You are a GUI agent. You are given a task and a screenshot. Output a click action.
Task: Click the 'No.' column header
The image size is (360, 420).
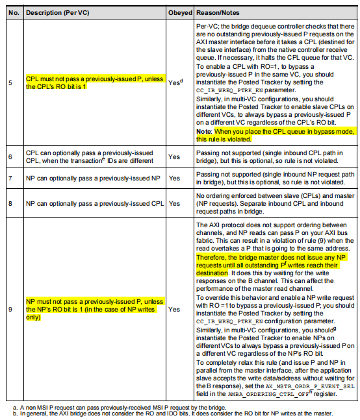click(x=13, y=12)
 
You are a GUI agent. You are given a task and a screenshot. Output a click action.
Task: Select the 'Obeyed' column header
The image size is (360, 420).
click(x=179, y=12)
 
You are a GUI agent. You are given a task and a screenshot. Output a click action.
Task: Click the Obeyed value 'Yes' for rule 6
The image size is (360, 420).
click(x=174, y=156)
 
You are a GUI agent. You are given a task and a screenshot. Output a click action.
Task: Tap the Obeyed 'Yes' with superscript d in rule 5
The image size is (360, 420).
click(x=175, y=82)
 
